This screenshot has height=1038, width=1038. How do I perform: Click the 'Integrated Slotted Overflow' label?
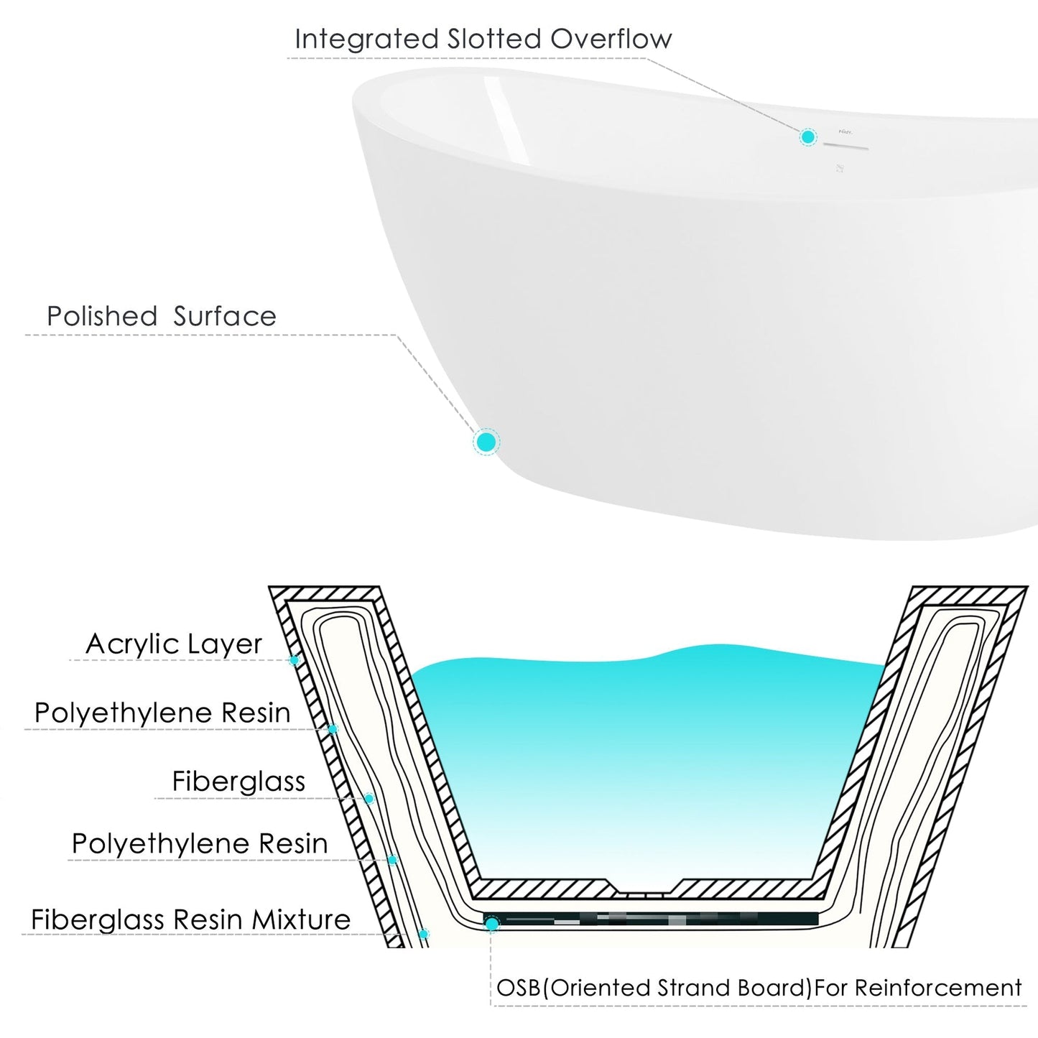pos(483,40)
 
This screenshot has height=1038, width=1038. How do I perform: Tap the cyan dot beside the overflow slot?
pos(808,136)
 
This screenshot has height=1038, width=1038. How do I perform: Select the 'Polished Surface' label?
pos(162,317)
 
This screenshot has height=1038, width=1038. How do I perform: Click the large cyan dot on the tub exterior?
pos(486,442)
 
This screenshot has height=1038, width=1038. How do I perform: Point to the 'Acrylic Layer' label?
pos(174,644)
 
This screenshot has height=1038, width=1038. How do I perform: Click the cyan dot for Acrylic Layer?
pos(294,660)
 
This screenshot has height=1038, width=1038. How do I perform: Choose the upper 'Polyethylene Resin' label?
pos(162,713)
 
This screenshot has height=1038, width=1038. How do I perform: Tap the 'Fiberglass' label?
pos(238,782)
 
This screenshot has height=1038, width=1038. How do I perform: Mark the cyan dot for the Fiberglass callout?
pos(369,799)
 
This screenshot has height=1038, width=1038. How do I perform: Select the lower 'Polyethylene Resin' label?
pos(200,844)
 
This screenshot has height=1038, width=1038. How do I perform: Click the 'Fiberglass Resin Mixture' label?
pos(190,920)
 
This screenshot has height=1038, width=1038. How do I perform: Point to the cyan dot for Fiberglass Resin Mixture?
pos(424,934)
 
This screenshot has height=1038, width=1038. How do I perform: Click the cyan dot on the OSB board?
pos(492,924)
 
